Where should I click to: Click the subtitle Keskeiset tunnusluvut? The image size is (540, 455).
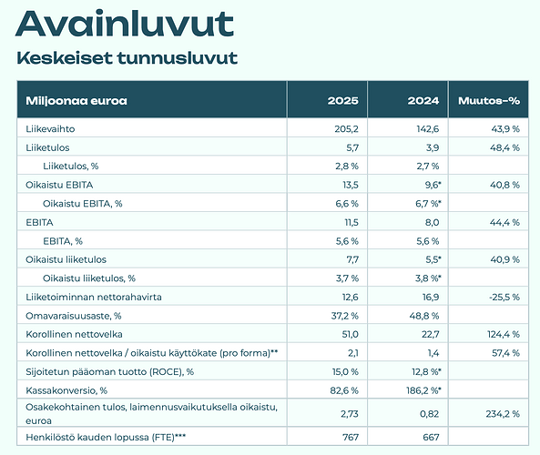(x=127, y=58)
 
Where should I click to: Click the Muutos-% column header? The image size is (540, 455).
(x=490, y=99)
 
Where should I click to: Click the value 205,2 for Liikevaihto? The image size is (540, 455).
(x=346, y=128)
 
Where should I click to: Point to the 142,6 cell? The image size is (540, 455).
(x=428, y=128)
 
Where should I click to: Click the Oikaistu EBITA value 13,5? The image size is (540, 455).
(x=350, y=185)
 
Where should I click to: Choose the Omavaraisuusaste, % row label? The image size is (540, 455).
(x=77, y=315)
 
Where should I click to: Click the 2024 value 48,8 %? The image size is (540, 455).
(x=424, y=315)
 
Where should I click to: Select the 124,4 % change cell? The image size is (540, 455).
(x=500, y=334)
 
